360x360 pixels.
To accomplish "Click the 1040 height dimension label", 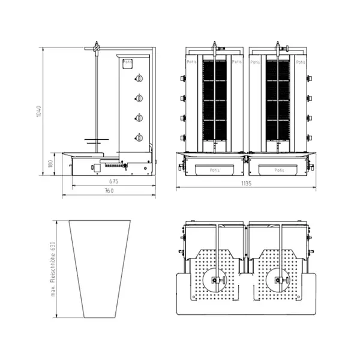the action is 38,112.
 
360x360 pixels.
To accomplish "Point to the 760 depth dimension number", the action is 109,191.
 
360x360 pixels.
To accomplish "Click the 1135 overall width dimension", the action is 246,183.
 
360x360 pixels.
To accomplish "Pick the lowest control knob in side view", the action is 139,137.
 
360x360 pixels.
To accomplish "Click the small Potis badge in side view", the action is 127,62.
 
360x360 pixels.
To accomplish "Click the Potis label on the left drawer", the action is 215,170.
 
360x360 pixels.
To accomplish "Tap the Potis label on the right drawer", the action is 279,170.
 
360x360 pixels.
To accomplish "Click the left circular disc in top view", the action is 215,280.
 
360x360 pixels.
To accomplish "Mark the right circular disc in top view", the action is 279,280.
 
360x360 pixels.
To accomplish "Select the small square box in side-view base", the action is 94,168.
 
